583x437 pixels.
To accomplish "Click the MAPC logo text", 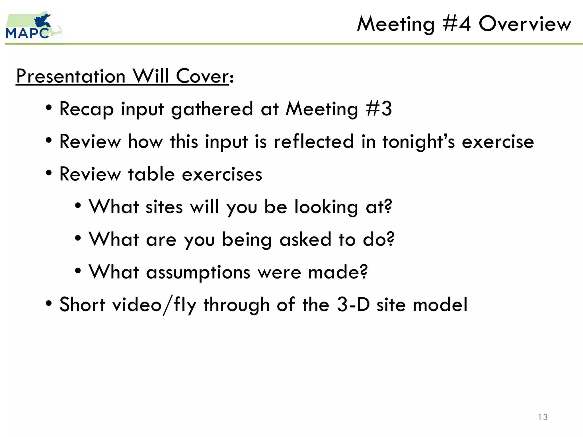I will (27, 33).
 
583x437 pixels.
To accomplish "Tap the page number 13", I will (543, 417).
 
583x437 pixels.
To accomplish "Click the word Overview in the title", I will (525, 24).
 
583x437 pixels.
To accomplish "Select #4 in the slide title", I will (457, 24).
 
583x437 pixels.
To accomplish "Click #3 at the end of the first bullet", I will (379, 109).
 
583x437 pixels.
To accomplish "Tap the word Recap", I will (87, 109).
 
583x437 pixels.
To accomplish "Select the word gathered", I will (212, 109).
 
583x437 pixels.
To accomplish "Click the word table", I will (151, 174).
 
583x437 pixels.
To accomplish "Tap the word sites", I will (164, 207).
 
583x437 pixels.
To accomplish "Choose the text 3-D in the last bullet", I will (353, 304).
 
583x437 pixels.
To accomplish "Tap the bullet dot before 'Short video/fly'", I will (49, 303).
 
